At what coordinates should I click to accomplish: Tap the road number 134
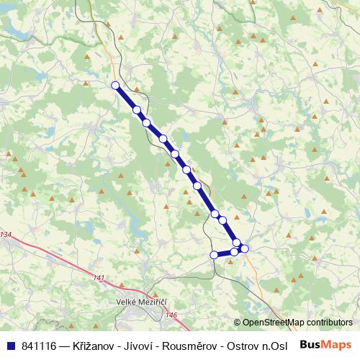tap(6, 235)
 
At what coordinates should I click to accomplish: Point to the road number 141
tap(99, 278)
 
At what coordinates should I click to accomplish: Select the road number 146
tap(171, 315)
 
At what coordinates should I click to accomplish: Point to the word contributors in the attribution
tap(330, 323)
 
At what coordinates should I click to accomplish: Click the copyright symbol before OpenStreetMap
tap(237, 323)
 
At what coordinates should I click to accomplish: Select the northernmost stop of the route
tap(115, 86)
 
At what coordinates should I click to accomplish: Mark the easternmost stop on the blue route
tap(244, 248)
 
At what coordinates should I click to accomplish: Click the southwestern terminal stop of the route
tap(213, 255)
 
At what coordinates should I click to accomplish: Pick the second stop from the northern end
tap(136, 109)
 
